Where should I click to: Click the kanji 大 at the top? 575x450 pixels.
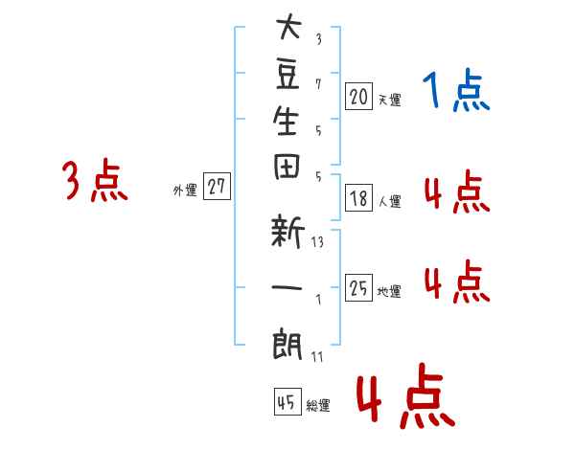(289, 26)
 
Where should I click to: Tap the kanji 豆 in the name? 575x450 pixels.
(288, 75)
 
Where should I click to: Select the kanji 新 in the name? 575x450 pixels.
(287, 231)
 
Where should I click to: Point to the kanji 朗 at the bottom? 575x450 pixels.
(287, 344)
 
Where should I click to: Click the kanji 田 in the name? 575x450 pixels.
(287, 167)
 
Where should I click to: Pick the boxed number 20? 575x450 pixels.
(358, 97)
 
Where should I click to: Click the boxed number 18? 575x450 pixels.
(358, 198)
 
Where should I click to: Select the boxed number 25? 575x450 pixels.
(358, 287)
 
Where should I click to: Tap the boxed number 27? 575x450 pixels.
(217, 186)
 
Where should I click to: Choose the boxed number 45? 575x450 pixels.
(287, 401)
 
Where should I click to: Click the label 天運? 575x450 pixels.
(390, 100)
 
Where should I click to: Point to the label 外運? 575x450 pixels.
(185, 190)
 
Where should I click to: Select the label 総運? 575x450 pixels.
(318, 405)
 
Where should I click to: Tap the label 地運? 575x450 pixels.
(389, 291)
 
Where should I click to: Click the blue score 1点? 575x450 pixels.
(456, 90)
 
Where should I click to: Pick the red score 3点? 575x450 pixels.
(95, 181)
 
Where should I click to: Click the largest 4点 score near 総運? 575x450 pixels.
(406, 395)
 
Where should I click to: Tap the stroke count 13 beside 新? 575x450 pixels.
(317, 242)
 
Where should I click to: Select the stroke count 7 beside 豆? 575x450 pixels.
(318, 84)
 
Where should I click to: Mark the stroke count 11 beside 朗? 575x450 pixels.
(317, 356)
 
